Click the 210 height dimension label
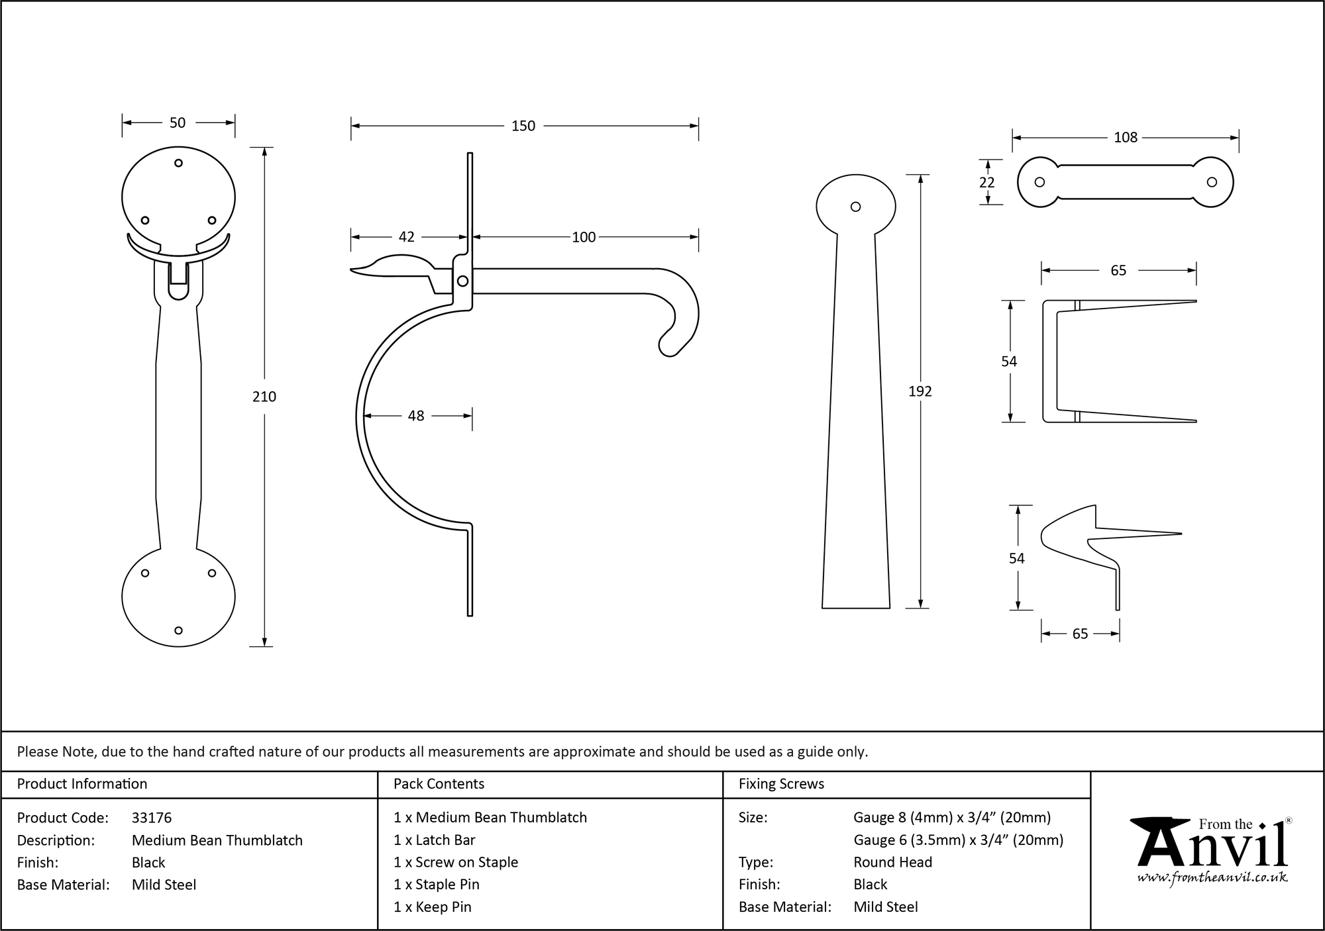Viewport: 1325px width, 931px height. pos(264,397)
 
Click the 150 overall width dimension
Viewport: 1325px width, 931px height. pos(523,126)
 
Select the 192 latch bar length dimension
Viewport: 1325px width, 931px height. pos(920,391)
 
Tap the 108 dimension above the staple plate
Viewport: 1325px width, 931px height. pos(1125,137)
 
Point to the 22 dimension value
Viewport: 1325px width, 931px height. pos(986,182)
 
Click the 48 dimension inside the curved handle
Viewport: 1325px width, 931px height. pos(415,416)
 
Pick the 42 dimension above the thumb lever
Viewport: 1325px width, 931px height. pos(406,237)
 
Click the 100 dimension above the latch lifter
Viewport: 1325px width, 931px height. pos(583,237)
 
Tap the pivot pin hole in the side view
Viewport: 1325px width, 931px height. pos(462,281)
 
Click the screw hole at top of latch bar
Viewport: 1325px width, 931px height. pos(855,207)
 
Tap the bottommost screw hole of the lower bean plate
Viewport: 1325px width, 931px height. pos(178,630)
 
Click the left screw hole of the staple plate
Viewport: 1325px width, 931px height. pos(1039,182)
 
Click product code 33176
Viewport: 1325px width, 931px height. pos(152,818)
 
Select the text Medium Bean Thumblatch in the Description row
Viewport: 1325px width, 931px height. pos(217,840)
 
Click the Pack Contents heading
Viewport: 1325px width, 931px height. pos(439,784)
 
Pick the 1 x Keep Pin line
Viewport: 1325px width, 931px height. pos(432,907)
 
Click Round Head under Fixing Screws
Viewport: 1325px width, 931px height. pos(892,862)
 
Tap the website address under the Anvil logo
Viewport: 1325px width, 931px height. pos(1212,878)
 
